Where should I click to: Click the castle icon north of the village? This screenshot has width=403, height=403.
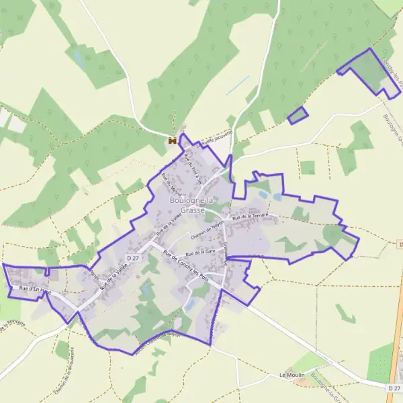[173, 140]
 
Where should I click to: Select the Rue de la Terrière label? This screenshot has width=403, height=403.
[251, 216]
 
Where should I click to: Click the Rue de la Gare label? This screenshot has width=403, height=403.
[201, 251]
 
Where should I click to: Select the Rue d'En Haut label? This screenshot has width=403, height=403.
[35, 289]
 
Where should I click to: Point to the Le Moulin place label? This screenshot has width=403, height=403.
[292, 375]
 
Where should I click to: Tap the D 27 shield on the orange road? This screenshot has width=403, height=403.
[394, 388]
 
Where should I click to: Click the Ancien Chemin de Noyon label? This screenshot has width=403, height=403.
[159, 341]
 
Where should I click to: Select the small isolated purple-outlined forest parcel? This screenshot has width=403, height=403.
[298, 115]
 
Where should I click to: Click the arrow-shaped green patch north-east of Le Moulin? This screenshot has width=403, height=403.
[345, 314]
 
